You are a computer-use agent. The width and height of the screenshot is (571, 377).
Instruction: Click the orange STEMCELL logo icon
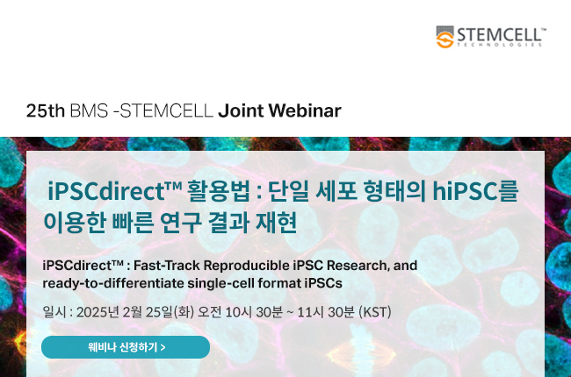pos(445,37)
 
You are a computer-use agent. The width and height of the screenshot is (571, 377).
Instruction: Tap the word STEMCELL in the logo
pos(499,35)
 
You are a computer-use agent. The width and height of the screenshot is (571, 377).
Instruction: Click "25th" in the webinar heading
pos(46,110)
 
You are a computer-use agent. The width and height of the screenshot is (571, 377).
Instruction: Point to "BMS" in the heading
pos(89,110)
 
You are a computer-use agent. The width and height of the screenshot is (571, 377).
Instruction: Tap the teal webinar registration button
pos(126,347)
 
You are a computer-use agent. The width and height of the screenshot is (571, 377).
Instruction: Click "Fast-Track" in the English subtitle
pos(167,266)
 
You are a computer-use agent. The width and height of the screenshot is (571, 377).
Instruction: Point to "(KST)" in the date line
pos(375,312)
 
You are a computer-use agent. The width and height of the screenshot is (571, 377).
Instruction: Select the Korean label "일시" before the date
pos(54,312)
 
